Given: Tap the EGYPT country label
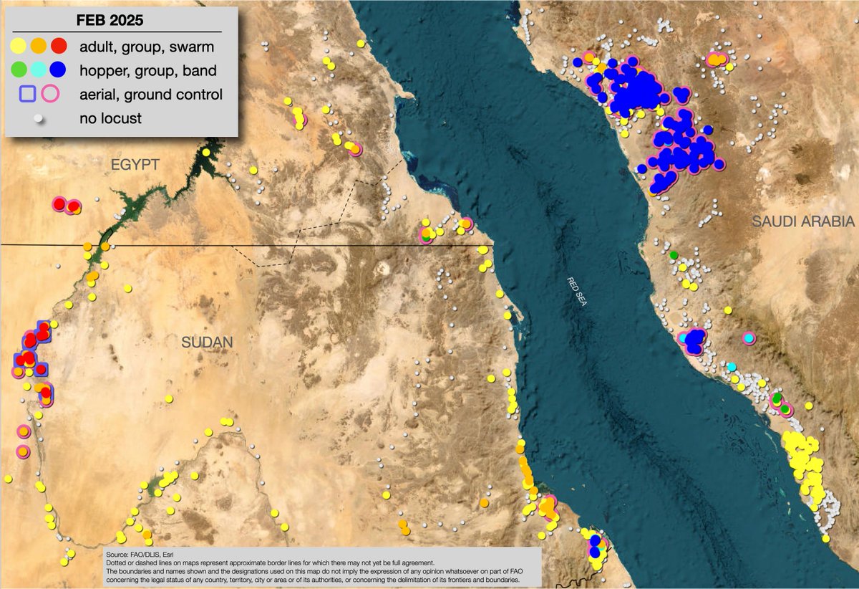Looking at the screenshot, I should pyautogui.click(x=134, y=165).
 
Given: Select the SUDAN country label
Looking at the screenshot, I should pyautogui.click(x=208, y=343).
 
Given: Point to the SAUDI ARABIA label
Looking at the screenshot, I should pyautogui.click(x=803, y=223).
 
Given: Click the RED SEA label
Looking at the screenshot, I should pyautogui.click(x=576, y=292).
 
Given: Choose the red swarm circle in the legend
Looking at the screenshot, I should pyautogui.click(x=59, y=47).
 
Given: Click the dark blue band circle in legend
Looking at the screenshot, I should pyautogui.click(x=59, y=70).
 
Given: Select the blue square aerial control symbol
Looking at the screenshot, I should pyautogui.click(x=28, y=94).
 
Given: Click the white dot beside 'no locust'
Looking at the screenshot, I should pyautogui.click(x=39, y=118).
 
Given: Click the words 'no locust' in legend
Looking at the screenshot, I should pyautogui.click(x=111, y=118).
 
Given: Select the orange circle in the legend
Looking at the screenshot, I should pyautogui.click(x=39, y=47).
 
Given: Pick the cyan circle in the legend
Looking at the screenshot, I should pyautogui.click(x=39, y=70).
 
